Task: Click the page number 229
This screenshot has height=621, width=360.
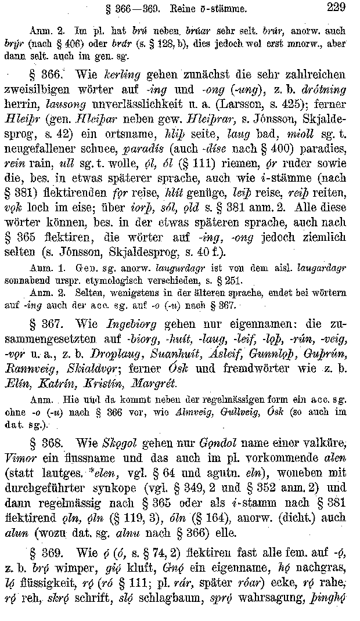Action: click(x=336, y=8)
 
